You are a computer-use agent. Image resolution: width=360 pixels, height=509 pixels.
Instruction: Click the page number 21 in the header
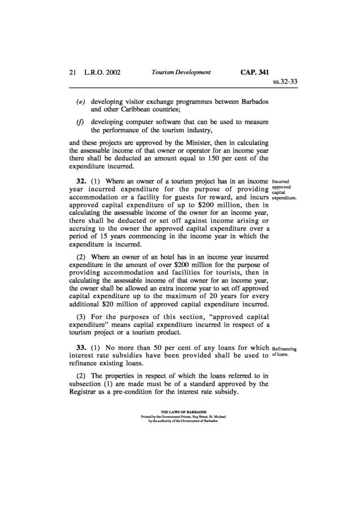(x=72, y=72)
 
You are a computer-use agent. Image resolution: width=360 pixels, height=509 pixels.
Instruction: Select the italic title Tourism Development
(x=181, y=72)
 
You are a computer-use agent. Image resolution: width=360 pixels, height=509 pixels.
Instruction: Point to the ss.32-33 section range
(x=285, y=81)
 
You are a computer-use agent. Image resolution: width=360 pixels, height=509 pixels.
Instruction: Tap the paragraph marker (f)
(x=81, y=122)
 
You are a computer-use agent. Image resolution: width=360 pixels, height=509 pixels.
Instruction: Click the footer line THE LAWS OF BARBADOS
(x=179, y=412)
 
